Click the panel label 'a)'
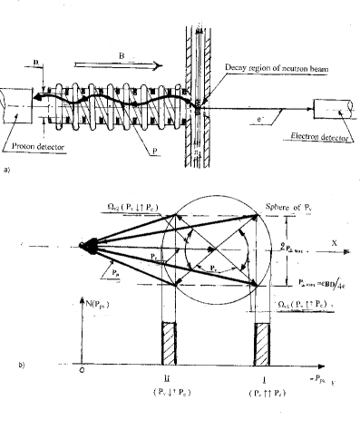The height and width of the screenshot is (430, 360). [8, 171]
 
